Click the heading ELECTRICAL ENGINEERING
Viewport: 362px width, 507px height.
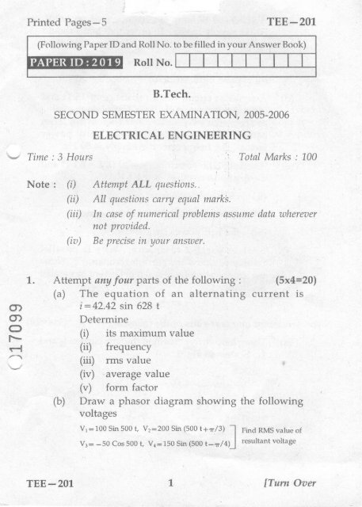coord(181,135)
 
